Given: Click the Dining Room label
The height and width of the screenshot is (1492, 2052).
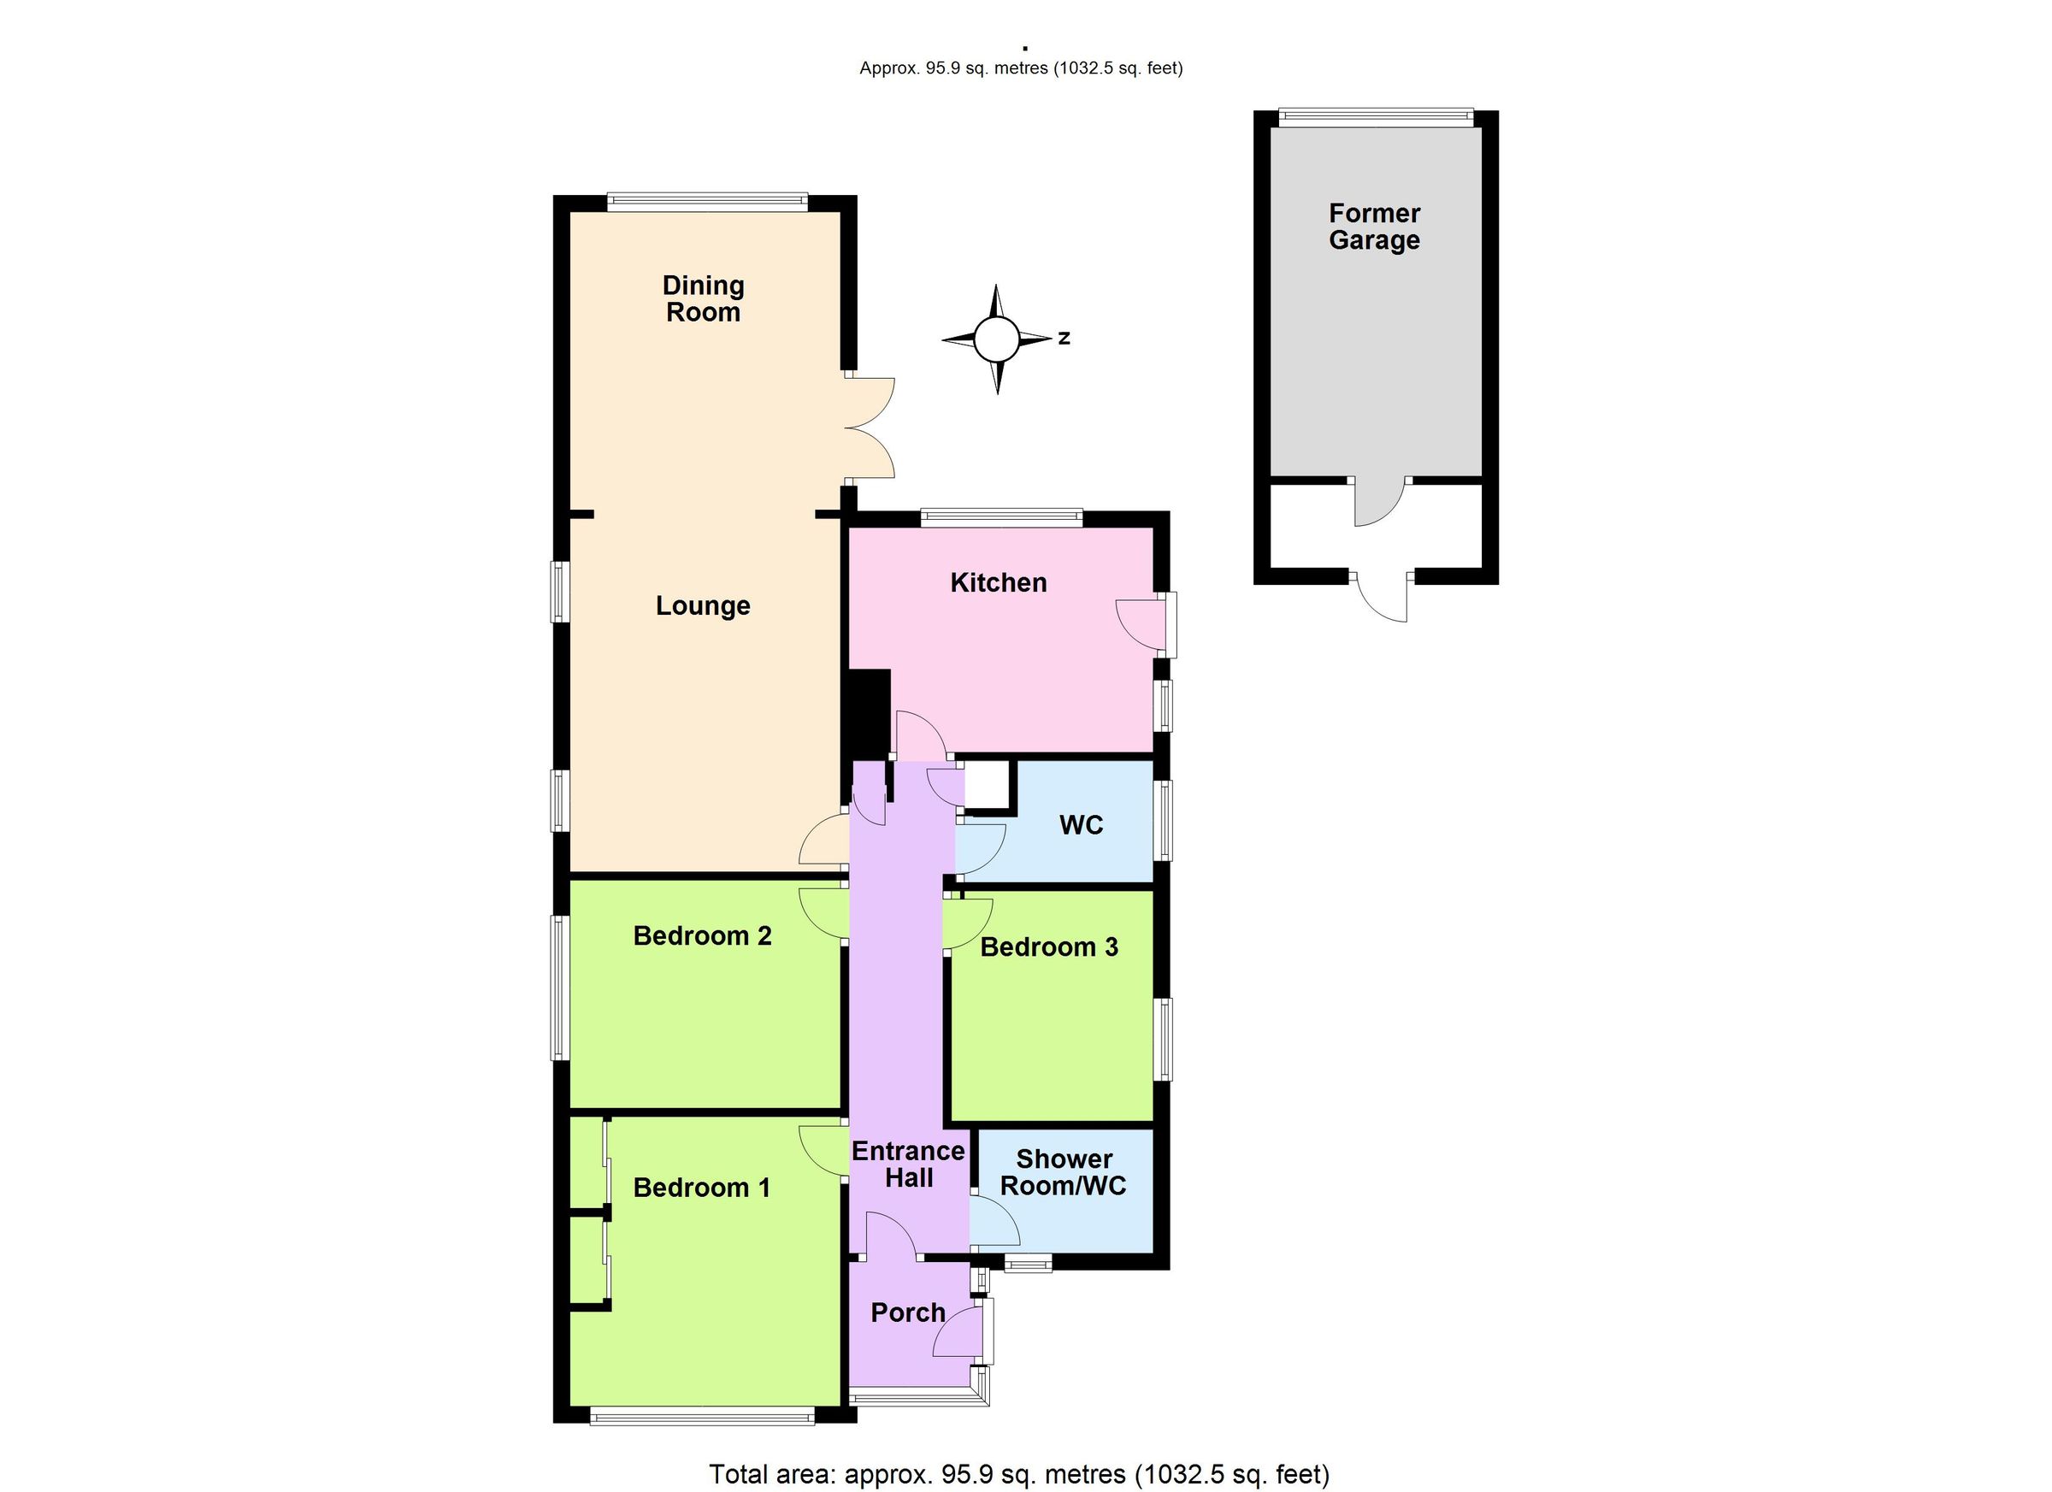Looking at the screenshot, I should coord(703,298).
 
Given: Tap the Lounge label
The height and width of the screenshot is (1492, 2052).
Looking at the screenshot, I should coord(703,605).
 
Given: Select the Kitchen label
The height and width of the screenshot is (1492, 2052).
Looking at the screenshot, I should coord(998,582).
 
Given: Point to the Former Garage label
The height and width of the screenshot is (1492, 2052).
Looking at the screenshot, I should coord(1373,227).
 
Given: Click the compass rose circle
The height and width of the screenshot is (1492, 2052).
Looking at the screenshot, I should coord(996,339).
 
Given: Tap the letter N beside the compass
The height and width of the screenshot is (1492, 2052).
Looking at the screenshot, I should coord(1065,339).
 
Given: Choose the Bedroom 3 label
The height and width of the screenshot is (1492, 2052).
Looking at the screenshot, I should coord(1048,947).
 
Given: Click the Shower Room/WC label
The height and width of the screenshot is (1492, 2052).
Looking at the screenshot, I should coord(1063,1172).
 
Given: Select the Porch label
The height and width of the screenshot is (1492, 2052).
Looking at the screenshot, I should coord(907,1312).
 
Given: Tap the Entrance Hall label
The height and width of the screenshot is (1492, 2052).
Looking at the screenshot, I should coord(908,1165).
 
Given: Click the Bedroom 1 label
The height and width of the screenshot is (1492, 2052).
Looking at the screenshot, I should coord(701,1188).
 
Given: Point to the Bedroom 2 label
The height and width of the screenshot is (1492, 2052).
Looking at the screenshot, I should coord(702,935).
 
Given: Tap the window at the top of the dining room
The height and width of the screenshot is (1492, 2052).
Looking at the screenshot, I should coord(706,203).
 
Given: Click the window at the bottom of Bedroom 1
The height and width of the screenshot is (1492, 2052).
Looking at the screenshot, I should coord(702,1416).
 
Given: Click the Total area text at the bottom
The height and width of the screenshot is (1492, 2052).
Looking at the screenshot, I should coord(1019,1474).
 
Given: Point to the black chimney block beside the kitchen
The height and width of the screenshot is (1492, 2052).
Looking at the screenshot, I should coord(866,713).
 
